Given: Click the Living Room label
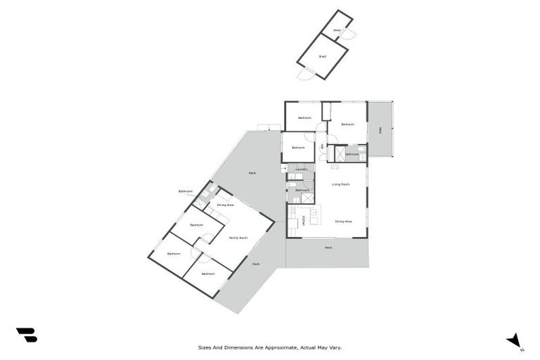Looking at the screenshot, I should coord(341,184).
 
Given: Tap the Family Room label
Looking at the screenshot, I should coord(238,238).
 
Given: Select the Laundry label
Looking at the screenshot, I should coord(302,169).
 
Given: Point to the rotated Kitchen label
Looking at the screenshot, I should coord(304,221).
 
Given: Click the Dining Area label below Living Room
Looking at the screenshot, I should coord(343,221).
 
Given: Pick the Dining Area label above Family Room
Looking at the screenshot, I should coord(225,205).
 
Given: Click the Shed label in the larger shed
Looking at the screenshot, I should coord(322,56).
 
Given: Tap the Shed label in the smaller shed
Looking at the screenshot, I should coord(337,30).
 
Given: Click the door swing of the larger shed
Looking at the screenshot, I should coord(304,74).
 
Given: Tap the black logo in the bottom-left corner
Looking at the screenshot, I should coord(26,335).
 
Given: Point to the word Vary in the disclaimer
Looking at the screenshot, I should coord(335,347).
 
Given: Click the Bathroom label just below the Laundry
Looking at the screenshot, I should coord(302,191).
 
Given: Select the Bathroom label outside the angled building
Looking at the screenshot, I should coord(186,191).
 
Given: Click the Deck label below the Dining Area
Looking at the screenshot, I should coord(328,247).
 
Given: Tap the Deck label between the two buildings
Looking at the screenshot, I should coord(252,173).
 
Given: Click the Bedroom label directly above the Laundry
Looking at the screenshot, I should coord(299,148).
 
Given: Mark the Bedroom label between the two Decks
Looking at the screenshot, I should coord(347,124).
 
